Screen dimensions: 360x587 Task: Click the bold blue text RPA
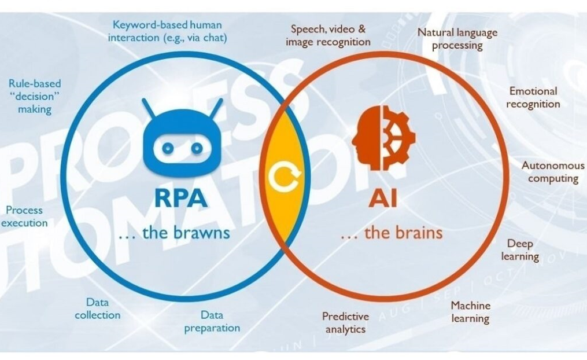(181, 197)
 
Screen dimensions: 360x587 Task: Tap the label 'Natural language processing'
(457, 39)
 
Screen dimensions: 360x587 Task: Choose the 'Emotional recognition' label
(533, 98)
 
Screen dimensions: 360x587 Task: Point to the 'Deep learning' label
(520, 250)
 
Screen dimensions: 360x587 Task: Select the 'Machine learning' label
(470, 311)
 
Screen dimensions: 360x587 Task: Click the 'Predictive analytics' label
(345, 323)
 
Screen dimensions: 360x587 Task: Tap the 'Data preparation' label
(212, 322)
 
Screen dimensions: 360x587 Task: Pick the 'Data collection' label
(97, 308)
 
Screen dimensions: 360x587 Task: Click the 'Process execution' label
(24, 216)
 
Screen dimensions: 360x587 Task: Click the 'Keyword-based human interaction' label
(167, 31)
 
